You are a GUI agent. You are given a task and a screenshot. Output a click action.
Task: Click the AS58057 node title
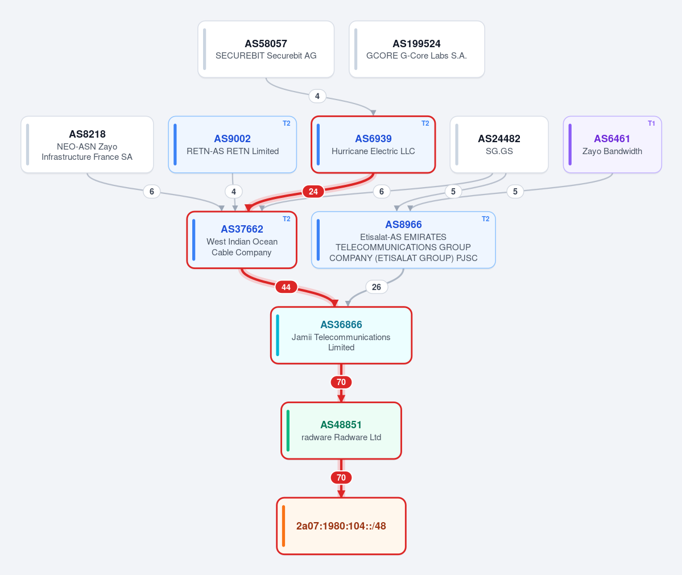[x=266, y=43]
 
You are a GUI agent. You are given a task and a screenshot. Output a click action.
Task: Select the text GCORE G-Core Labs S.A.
[x=416, y=56]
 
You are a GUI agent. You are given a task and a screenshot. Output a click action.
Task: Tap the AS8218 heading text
[x=87, y=134]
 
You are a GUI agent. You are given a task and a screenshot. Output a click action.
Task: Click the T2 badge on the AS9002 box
[x=286, y=123]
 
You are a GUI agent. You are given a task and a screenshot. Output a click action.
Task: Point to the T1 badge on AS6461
[x=651, y=123]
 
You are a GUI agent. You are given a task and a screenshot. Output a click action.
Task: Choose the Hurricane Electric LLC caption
[x=373, y=151]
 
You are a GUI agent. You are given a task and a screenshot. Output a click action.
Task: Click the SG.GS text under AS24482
[x=499, y=151]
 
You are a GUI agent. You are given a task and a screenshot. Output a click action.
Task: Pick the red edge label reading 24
[x=313, y=191]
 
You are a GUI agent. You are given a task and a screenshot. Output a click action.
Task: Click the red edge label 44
[x=286, y=287]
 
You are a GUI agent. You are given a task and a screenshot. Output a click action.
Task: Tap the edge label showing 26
[x=376, y=287]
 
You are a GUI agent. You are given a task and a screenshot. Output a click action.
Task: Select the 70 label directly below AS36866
[x=341, y=382]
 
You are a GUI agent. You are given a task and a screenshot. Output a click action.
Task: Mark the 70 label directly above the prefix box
[x=341, y=478]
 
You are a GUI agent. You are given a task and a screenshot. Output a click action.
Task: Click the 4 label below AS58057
[x=317, y=96]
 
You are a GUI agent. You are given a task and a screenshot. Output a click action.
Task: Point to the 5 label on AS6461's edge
[x=515, y=191]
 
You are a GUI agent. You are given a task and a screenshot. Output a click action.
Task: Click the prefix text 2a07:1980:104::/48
[x=341, y=526]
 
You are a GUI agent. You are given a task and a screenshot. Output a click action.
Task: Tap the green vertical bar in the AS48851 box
[x=288, y=431]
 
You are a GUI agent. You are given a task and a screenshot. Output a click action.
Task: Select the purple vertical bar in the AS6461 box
[x=570, y=144]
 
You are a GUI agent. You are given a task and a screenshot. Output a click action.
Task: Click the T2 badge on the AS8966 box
[x=485, y=219]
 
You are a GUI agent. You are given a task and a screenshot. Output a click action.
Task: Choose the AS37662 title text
[x=242, y=229]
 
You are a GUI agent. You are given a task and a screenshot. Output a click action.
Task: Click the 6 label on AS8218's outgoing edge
[x=151, y=191]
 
